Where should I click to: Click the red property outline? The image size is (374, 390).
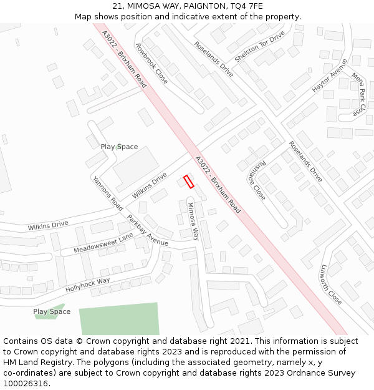(x=188, y=182)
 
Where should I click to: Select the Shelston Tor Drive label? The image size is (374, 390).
(x=259, y=46)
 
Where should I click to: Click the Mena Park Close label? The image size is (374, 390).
(x=358, y=94)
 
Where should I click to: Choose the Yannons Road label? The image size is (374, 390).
(x=107, y=192)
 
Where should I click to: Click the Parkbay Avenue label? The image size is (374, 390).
(x=148, y=231)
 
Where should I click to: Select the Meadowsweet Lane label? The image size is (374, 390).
(x=103, y=243)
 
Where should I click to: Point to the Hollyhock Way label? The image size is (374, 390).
(x=88, y=285)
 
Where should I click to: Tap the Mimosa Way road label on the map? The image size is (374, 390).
(x=193, y=221)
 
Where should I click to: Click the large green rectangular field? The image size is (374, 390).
(x=119, y=319)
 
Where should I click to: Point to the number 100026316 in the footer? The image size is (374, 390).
(x=26, y=384)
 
